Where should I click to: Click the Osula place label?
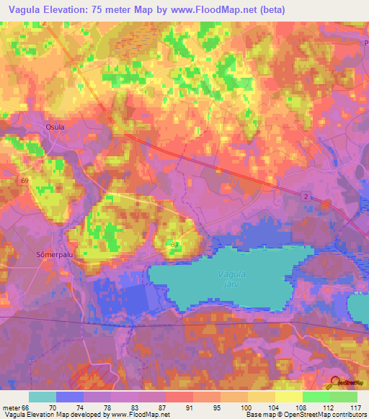[x=55, y=127]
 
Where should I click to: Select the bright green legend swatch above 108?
[x=316, y=397]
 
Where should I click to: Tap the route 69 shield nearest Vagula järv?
[x=174, y=245]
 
